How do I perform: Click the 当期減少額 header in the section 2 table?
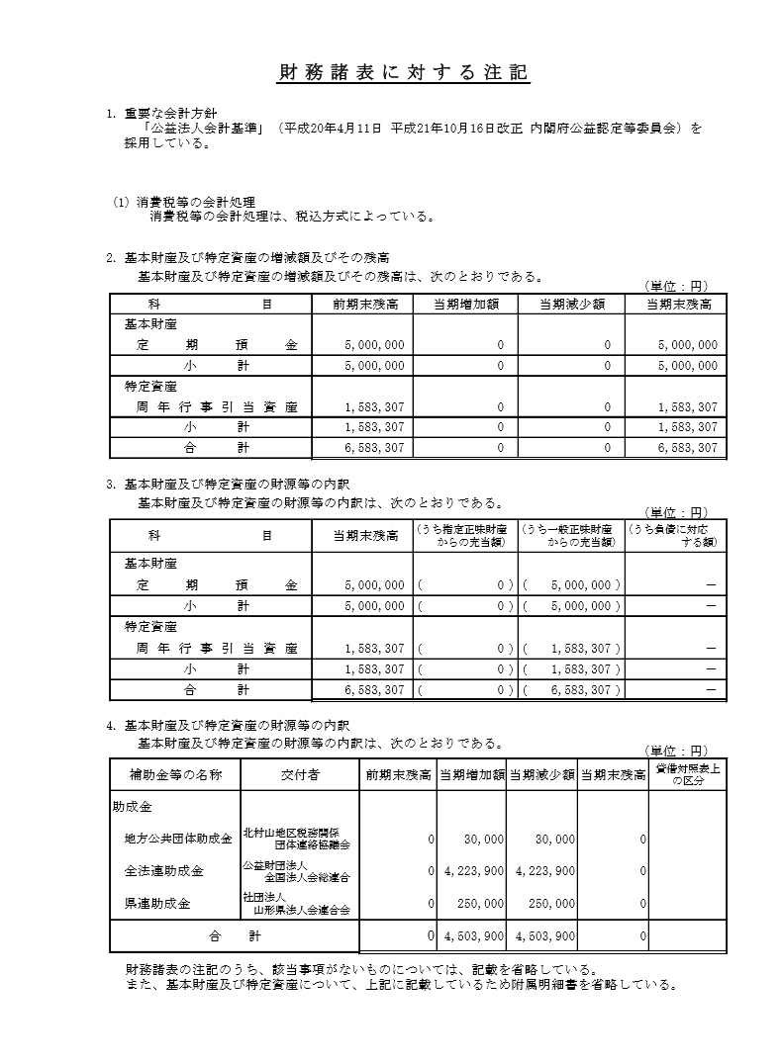(x=571, y=305)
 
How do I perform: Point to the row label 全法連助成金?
(x=163, y=871)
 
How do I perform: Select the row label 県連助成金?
(x=156, y=903)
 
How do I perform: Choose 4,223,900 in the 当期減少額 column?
(x=545, y=871)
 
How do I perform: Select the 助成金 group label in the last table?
(x=132, y=807)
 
